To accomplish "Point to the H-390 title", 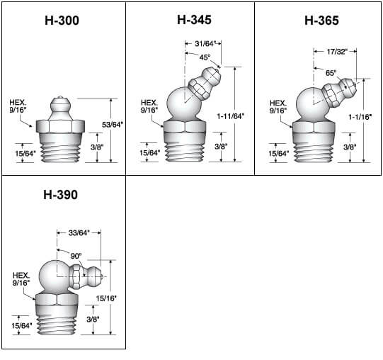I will click(x=61, y=194).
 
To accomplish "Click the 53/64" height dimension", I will click(x=113, y=125).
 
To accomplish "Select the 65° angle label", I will click(x=331, y=73).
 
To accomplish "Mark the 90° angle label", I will click(x=75, y=254).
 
